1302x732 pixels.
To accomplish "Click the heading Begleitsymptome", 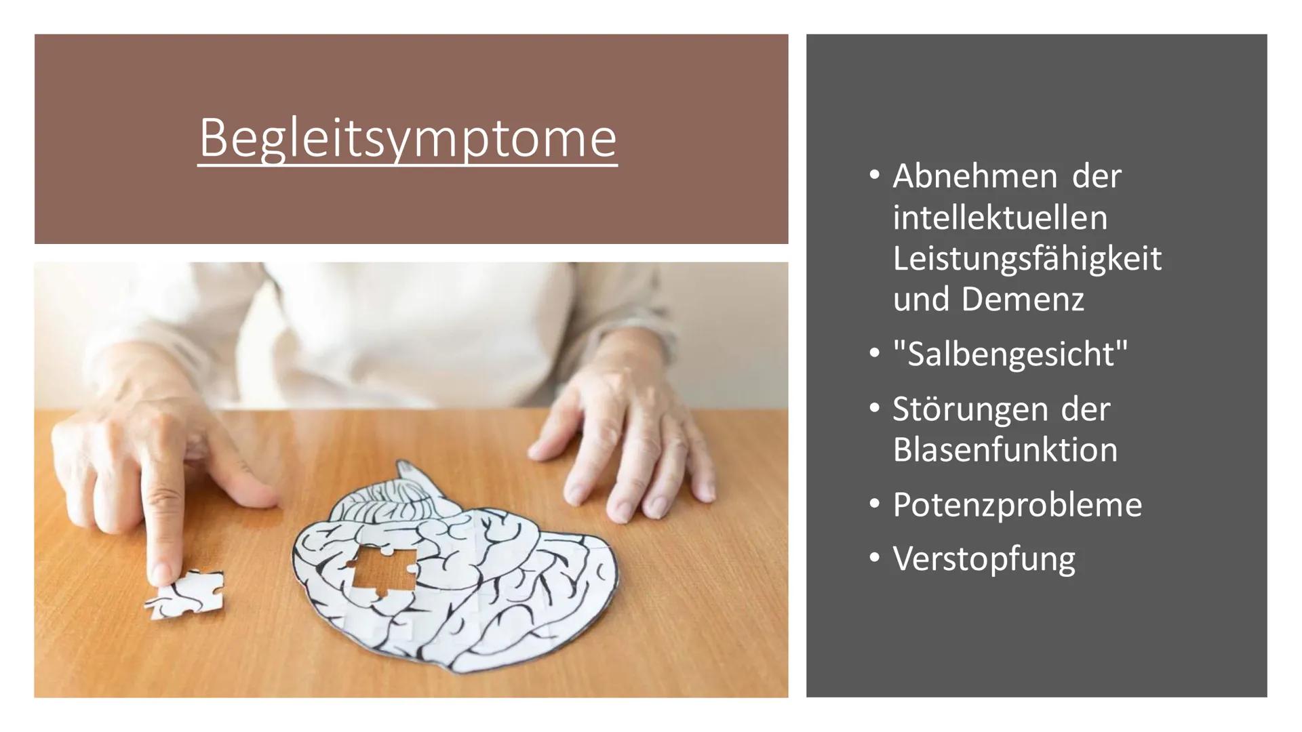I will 408,138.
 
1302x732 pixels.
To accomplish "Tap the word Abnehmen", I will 975,176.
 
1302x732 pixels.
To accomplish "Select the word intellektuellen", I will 1000,218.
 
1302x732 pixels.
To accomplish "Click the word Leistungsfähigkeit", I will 1027,259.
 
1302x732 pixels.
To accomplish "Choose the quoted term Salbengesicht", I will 1010,354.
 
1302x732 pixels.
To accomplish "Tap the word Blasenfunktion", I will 1005,450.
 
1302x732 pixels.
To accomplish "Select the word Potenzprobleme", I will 1017,505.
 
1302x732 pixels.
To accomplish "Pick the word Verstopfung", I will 984,559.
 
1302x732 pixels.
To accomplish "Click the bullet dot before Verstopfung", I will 874,558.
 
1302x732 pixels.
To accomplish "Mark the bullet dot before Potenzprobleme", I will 874,504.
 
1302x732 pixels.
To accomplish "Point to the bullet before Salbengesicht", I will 874,353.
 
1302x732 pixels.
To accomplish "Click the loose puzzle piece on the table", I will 185,594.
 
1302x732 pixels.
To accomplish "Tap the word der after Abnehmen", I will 1097,176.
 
